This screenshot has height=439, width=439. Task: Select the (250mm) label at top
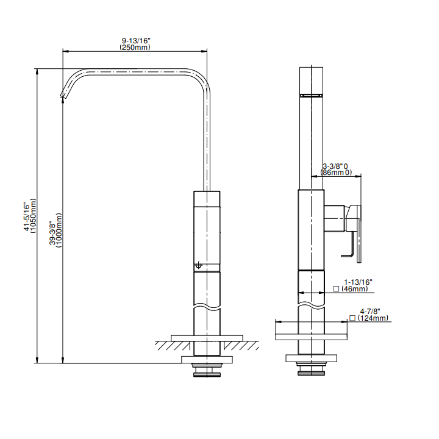click(x=135, y=48)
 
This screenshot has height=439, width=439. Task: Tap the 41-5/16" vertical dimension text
click(x=27, y=216)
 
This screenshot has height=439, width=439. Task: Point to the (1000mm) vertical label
click(x=59, y=230)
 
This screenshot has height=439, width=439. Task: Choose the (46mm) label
click(x=355, y=288)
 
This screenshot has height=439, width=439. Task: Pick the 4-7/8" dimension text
click(x=370, y=312)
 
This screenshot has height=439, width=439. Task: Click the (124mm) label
click(x=373, y=318)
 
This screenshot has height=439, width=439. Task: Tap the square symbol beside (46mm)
click(x=336, y=288)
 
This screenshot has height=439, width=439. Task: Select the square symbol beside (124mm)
click(x=352, y=318)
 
